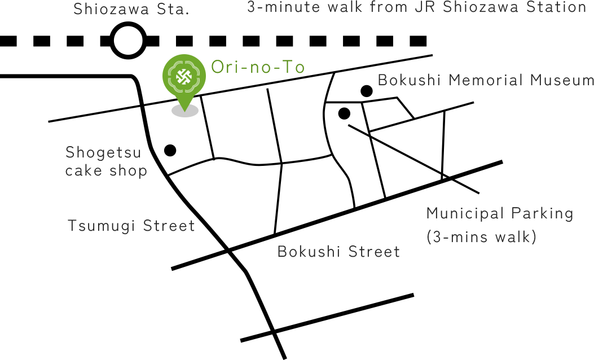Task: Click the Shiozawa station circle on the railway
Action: [x=128, y=41]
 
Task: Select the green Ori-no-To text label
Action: [x=258, y=67]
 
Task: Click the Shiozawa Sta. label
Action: [x=131, y=8]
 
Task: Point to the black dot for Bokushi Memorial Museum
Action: [x=366, y=91]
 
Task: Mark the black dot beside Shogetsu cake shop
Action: [x=170, y=150]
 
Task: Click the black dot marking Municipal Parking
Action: [x=344, y=113]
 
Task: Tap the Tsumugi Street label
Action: [x=131, y=226]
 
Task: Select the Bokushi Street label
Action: [x=338, y=252]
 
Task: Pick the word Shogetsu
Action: [x=103, y=153]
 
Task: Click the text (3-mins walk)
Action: [x=482, y=237]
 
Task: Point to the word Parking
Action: [x=542, y=214]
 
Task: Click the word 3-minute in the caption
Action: [x=283, y=7]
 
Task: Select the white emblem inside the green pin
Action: [x=184, y=76]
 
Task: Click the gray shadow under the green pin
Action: [x=185, y=111]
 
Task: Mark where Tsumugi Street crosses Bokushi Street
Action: [x=228, y=250]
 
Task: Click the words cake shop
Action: [x=106, y=171]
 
